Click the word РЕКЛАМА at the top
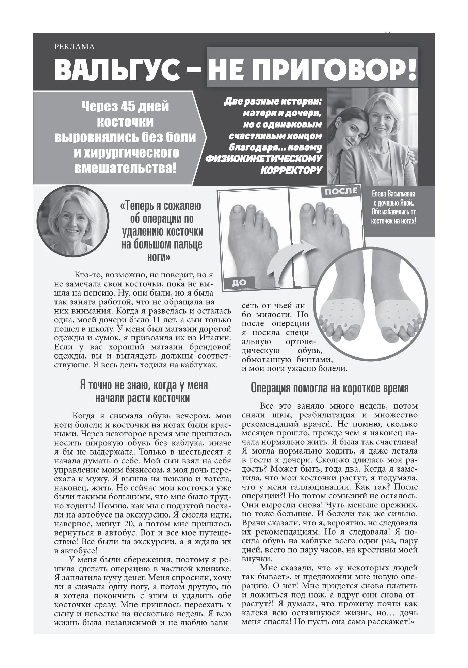(x=74, y=47)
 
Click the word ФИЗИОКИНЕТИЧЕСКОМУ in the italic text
(x=263, y=159)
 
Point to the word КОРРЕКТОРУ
(x=291, y=170)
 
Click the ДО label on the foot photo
(x=239, y=282)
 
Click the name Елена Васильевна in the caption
(x=393, y=194)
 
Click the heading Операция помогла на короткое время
(x=329, y=388)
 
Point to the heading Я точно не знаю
(x=144, y=385)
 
